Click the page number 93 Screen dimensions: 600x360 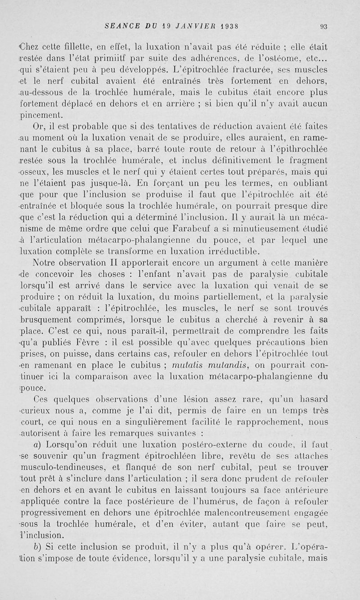click(x=324, y=27)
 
